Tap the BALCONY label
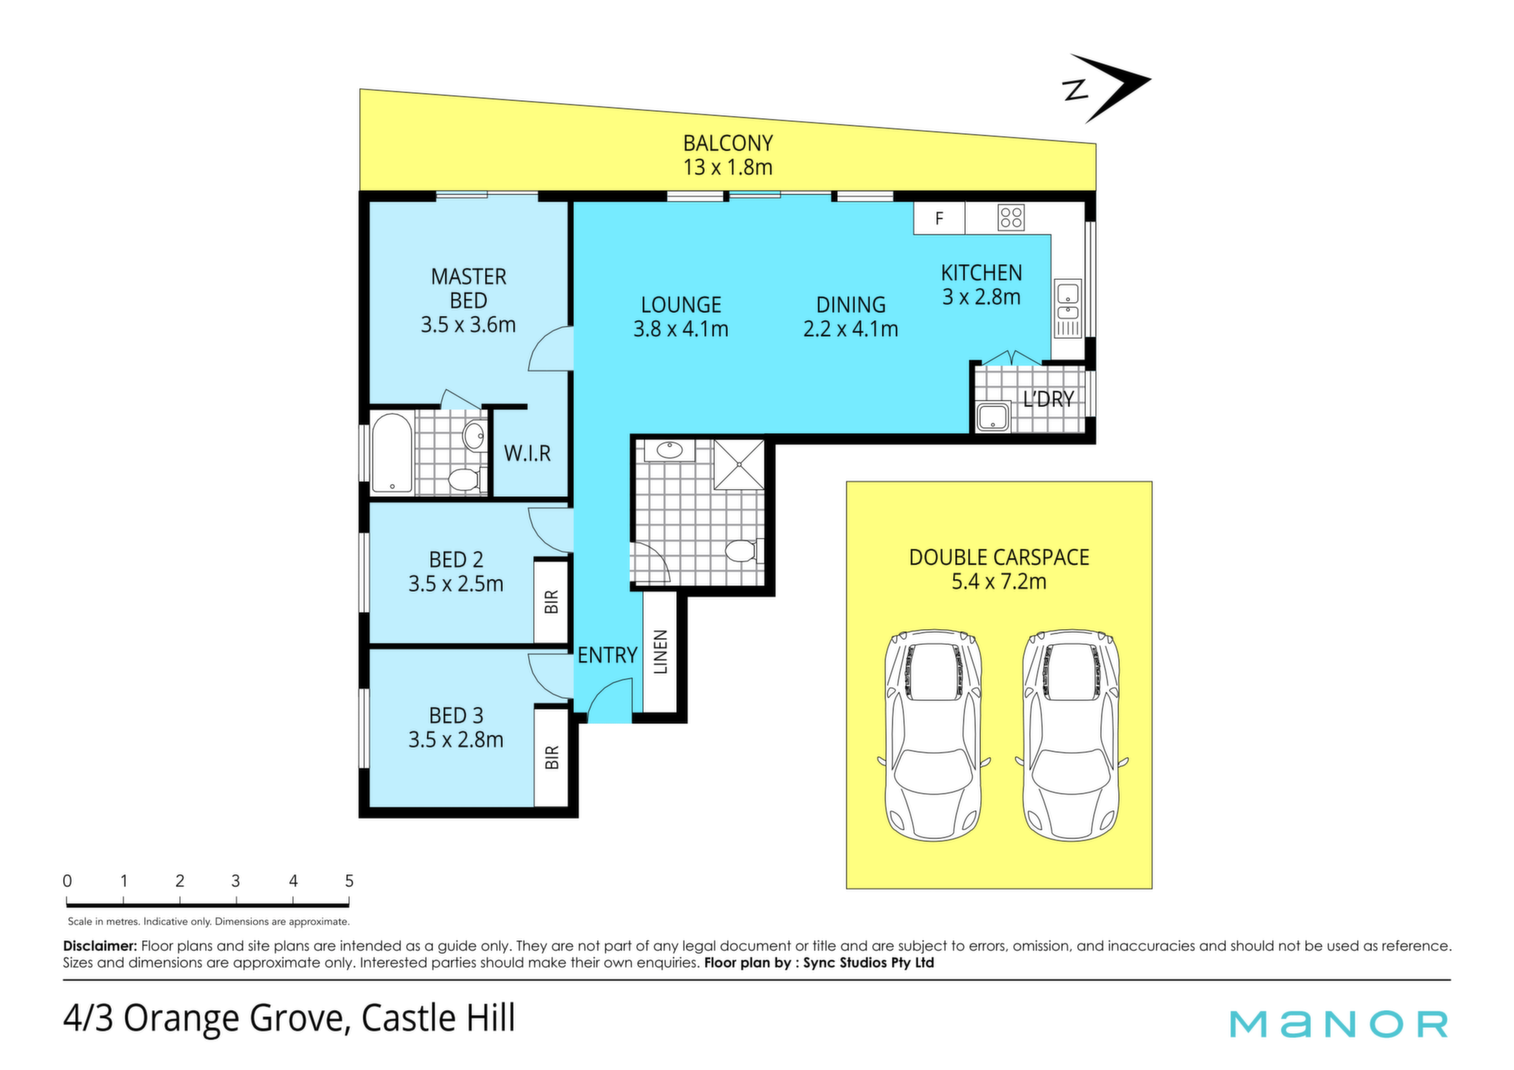pyautogui.click(x=728, y=144)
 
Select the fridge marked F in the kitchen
pyautogui.click(x=939, y=218)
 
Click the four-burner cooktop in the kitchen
pyautogui.click(x=1011, y=218)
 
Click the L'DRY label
pyautogui.click(x=1049, y=400)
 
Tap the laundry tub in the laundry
pyautogui.click(x=994, y=417)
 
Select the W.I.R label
pyautogui.click(x=528, y=453)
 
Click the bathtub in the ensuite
pyautogui.click(x=392, y=453)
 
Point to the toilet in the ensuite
pyautogui.click(x=467, y=479)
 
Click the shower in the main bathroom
pyautogui.click(x=739, y=465)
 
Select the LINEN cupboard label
pyautogui.click(x=661, y=652)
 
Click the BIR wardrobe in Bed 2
pyautogui.click(x=552, y=601)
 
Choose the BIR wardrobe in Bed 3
pyautogui.click(x=552, y=757)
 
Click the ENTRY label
pyautogui.click(x=607, y=655)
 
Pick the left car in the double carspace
pyautogui.click(x=934, y=734)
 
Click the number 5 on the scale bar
pyautogui.click(x=349, y=881)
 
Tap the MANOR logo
pyautogui.click(x=1339, y=1023)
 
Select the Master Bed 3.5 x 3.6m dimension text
pyautogui.click(x=468, y=325)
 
